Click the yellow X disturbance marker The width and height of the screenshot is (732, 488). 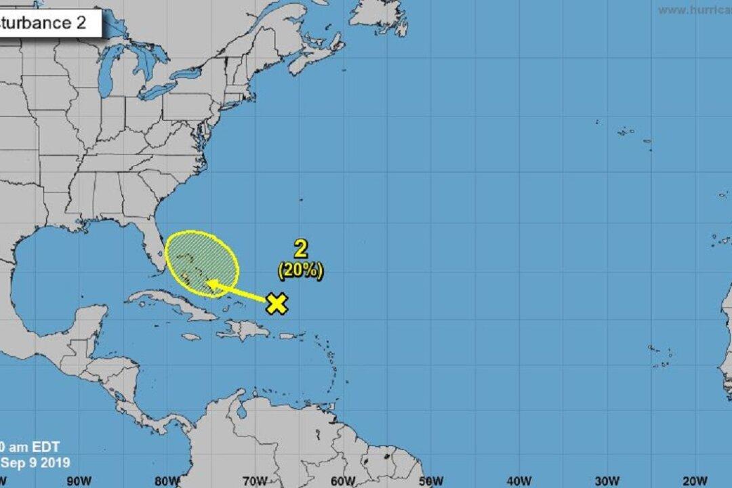(276, 304)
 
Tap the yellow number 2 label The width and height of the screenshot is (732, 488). (300, 249)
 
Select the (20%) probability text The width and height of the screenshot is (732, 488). (300, 270)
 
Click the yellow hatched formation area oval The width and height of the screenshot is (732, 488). (202, 261)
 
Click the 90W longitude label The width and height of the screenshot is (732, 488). (79, 481)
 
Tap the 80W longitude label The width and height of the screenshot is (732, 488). (165, 481)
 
